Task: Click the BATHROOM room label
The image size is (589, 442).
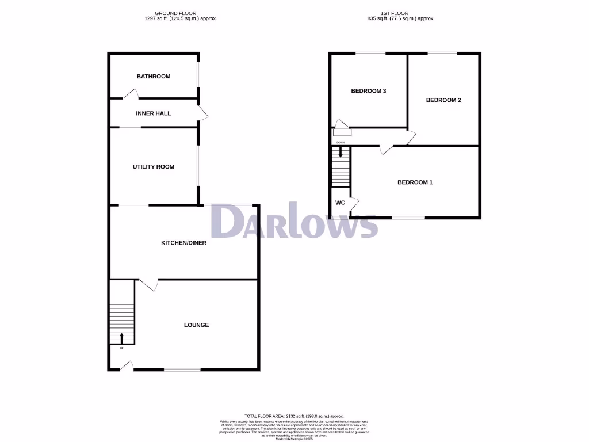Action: tap(153, 77)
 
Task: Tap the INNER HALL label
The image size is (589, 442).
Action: tap(153, 113)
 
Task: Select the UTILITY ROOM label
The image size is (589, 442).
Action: tap(153, 167)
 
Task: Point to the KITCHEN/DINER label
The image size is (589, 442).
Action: tap(183, 243)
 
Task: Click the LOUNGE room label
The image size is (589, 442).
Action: tap(196, 325)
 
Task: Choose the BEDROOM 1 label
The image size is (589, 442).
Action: tap(415, 182)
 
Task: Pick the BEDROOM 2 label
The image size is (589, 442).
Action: tap(443, 100)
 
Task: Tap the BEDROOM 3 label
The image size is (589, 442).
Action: tap(368, 91)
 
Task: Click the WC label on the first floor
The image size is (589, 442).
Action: tap(340, 203)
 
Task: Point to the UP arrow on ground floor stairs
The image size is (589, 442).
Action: tap(121, 338)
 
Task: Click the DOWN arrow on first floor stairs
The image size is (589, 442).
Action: tap(341, 152)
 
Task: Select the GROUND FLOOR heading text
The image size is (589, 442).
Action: tap(175, 13)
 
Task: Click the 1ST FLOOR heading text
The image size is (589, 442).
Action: tap(395, 13)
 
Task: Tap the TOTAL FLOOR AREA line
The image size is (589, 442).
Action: tap(294, 416)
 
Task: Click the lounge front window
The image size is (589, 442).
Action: tap(182, 369)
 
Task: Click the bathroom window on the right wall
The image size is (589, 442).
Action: tap(199, 75)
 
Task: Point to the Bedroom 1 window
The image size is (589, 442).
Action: tap(408, 218)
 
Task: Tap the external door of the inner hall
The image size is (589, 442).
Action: tap(202, 113)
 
